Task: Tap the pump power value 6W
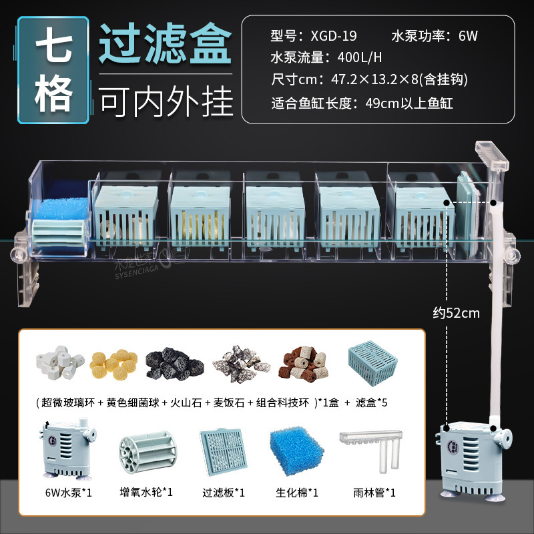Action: (x=467, y=35)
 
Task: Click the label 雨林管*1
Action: (x=374, y=493)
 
